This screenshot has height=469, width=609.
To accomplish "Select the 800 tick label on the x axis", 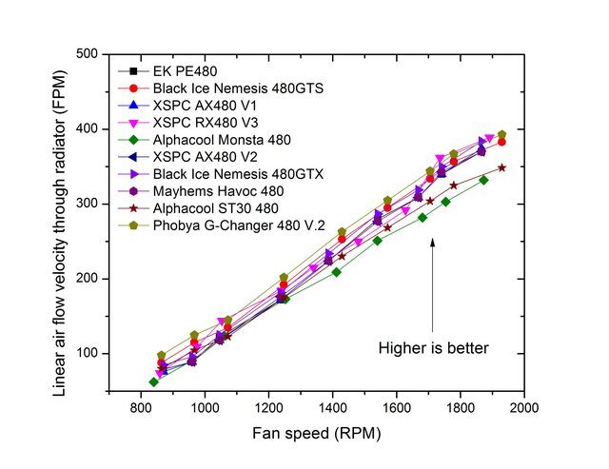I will (142, 406).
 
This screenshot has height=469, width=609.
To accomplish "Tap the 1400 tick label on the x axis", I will (333, 406).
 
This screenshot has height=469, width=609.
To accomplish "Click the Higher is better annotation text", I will (434, 348).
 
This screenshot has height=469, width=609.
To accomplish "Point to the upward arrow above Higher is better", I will (433, 285).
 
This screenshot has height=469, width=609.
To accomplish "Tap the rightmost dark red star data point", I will (501, 167).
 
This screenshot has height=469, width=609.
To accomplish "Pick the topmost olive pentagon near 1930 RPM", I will (501, 134).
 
